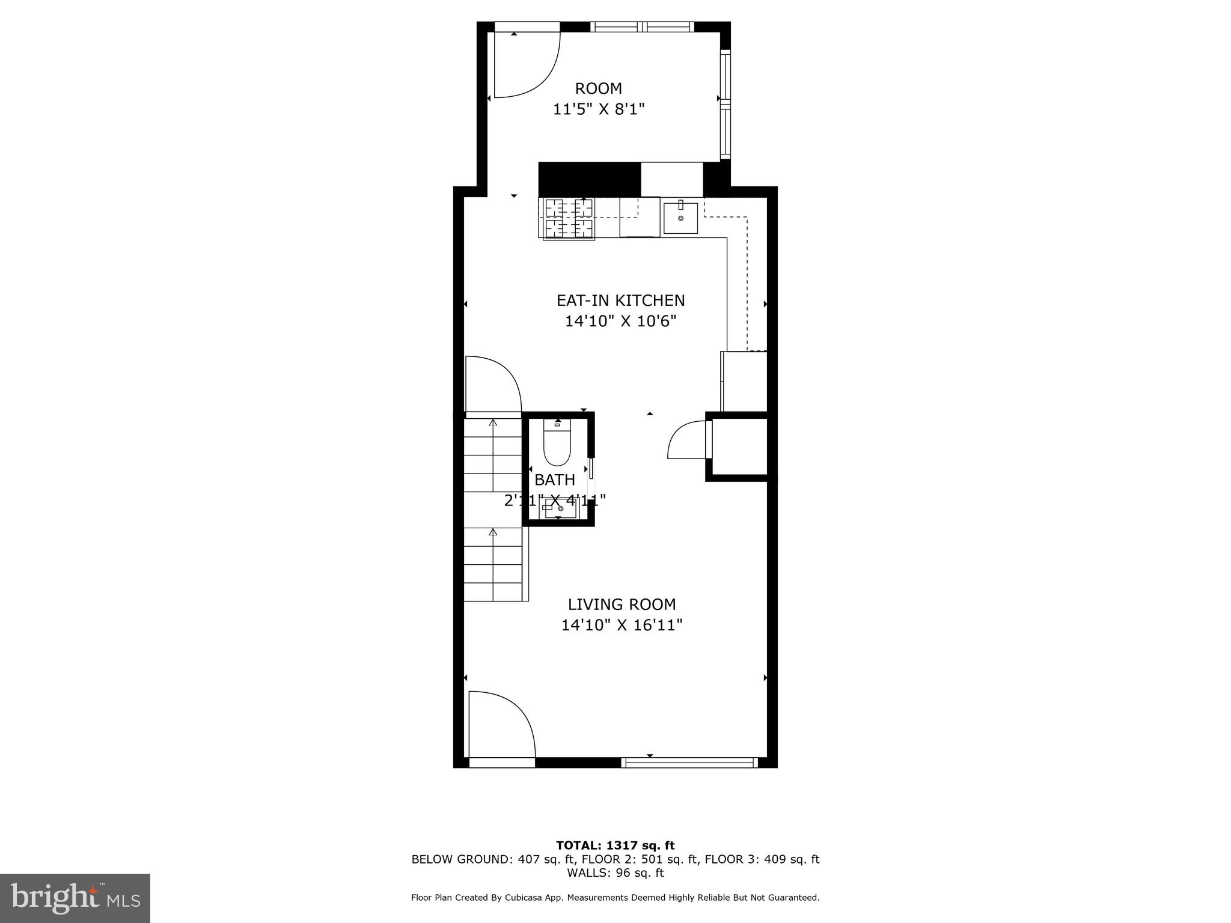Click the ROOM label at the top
click(598, 89)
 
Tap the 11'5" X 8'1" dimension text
click(599, 109)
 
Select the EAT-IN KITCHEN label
click(620, 300)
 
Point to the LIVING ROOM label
click(622, 605)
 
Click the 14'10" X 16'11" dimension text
click(622, 626)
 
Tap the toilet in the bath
click(557, 445)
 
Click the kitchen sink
click(680, 218)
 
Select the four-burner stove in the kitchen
click(569, 219)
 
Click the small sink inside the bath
click(558, 508)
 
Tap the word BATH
click(555, 480)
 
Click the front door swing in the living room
click(501, 725)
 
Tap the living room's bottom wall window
click(689, 763)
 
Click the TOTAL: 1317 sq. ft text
click(615, 846)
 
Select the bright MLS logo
click(75, 898)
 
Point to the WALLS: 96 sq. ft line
click(615, 873)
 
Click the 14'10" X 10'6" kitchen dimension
click(620, 321)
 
